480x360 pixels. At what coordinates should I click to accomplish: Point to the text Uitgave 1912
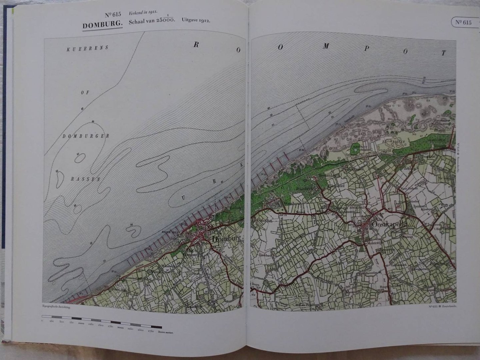(196, 20)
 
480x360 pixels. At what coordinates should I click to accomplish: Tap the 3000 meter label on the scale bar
(167, 332)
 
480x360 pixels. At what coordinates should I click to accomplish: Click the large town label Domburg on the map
(226, 239)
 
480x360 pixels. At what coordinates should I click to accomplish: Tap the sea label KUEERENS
(87, 48)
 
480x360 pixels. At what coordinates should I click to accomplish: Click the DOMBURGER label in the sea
(86, 136)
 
